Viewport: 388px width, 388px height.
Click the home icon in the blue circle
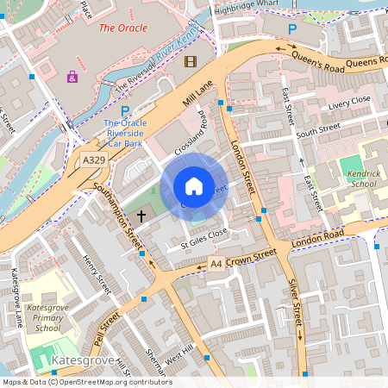(x=194, y=186)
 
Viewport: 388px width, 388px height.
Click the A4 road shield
(x=216, y=266)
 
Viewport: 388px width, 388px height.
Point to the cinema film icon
(x=190, y=60)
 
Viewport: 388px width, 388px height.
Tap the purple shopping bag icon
(x=72, y=77)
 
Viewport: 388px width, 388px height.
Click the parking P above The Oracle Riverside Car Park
(x=125, y=111)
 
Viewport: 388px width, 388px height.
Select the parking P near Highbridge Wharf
(x=291, y=29)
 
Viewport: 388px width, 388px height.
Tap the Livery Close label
(x=349, y=100)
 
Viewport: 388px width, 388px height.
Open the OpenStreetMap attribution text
(x=86, y=381)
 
